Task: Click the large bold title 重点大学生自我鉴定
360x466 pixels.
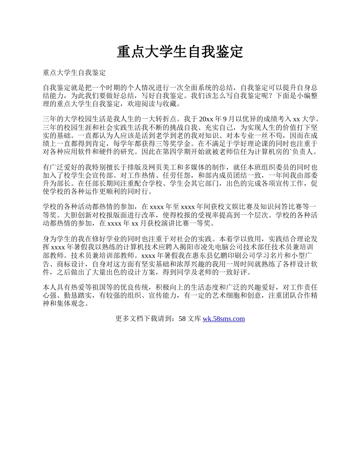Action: (180, 52)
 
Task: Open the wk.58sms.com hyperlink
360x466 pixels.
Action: (224, 319)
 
